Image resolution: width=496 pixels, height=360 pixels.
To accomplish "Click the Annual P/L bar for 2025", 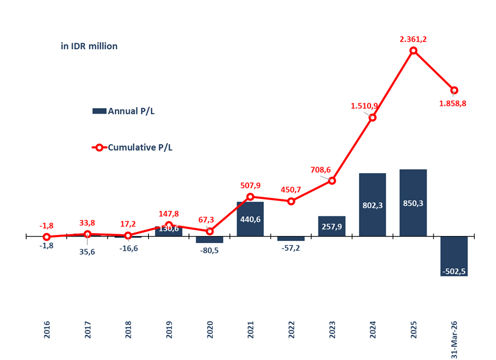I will pyautogui.click(x=413, y=203).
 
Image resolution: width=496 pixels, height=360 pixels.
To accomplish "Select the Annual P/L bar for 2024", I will pyautogui.click(x=373, y=205).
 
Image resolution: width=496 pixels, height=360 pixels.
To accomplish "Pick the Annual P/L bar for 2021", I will pyautogui.click(x=250, y=219).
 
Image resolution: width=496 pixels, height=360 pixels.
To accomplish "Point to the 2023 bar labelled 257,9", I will pyautogui.click(x=332, y=226).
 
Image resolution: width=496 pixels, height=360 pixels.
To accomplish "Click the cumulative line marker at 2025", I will pyautogui.click(x=414, y=51).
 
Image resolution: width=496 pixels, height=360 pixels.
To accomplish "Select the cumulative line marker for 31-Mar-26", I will pyautogui.click(x=454, y=90).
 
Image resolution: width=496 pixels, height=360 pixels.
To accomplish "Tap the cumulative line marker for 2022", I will pyautogui.click(x=291, y=201).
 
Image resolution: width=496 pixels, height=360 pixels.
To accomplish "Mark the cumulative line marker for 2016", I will pyautogui.click(x=47, y=237).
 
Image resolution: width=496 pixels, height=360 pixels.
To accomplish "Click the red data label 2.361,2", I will pyautogui.click(x=413, y=39).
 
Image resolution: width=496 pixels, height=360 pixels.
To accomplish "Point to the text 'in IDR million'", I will pyautogui.click(x=89, y=46).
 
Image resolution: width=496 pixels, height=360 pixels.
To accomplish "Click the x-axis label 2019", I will pyautogui.click(x=169, y=330).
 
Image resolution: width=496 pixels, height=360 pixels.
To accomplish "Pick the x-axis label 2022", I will pyautogui.click(x=291, y=330).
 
